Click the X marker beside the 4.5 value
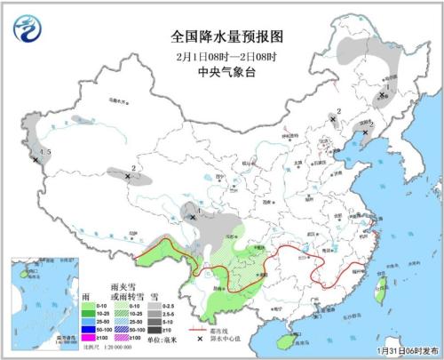click(36, 160)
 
